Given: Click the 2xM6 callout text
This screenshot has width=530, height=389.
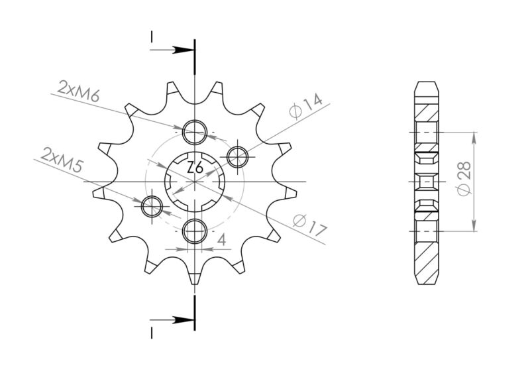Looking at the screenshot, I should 78,92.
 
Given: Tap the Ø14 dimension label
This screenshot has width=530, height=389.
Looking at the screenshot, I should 307,107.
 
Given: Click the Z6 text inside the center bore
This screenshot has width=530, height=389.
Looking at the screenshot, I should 195,168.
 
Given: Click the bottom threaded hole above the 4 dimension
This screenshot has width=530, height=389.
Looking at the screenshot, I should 195,231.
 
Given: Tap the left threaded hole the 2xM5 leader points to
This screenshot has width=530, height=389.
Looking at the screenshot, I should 152,205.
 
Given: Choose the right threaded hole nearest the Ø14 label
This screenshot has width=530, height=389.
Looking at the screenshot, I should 237,156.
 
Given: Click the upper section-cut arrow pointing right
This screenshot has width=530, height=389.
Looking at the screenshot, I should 178,50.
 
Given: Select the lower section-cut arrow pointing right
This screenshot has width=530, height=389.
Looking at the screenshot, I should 178,320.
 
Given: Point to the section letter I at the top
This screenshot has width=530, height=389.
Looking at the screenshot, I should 152,37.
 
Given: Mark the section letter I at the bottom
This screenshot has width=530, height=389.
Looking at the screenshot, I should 152,329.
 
